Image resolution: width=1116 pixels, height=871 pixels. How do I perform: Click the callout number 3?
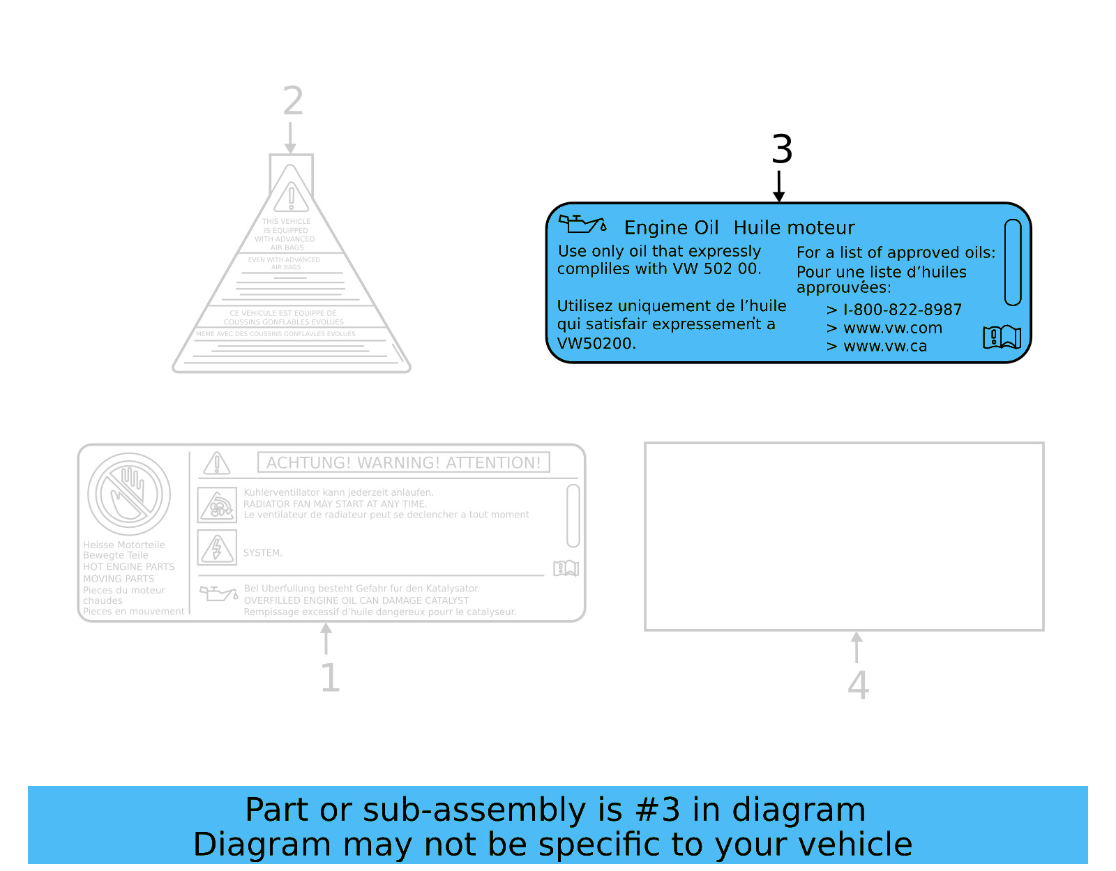782,150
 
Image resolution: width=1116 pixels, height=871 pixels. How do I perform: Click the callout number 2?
293,102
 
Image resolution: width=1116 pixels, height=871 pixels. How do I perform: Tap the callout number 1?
330,678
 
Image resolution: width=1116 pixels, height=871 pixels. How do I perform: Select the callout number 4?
858,685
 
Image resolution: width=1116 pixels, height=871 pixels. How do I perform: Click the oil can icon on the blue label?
582,224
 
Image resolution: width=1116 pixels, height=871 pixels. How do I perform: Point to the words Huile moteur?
794,228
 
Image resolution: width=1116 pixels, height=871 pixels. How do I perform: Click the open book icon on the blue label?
1002,338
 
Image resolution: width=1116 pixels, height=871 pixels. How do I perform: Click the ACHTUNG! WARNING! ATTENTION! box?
403,462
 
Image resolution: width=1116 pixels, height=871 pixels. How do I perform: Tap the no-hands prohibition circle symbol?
129,494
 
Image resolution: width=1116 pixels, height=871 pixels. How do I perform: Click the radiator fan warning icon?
217,505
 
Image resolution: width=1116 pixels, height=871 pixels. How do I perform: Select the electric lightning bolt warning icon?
217,547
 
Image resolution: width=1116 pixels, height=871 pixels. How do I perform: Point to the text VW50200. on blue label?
596,343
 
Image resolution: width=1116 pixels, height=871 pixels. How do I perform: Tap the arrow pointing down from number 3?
779,187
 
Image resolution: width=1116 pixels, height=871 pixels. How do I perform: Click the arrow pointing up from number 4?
857,646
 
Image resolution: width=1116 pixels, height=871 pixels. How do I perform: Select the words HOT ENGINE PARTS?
129,567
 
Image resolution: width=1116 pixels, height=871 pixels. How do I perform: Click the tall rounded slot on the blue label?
1013,262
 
